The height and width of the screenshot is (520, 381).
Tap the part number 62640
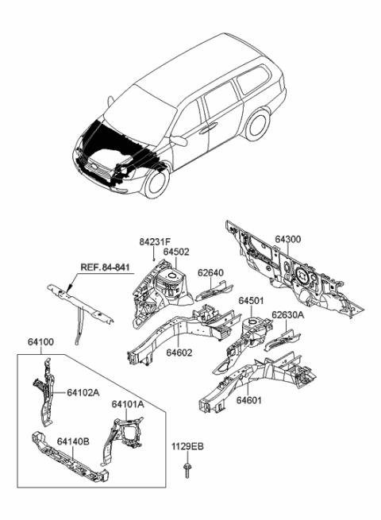pos(211,273)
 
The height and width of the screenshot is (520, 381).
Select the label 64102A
pos(83,392)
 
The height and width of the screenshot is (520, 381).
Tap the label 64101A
pos(128,405)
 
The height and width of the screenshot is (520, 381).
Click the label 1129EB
pos(189,447)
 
